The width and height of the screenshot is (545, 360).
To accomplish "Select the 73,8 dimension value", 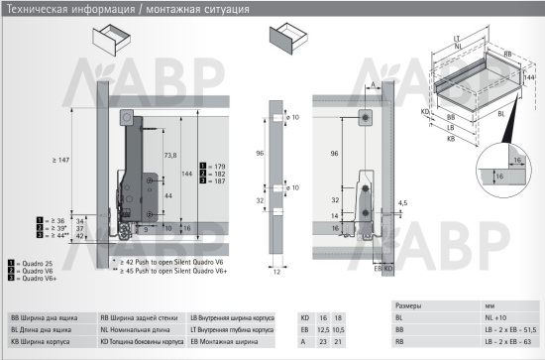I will [169, 156].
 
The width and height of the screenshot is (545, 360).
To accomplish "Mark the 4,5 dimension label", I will [400, 203].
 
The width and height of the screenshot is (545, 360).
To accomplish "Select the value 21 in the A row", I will [338, 342].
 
